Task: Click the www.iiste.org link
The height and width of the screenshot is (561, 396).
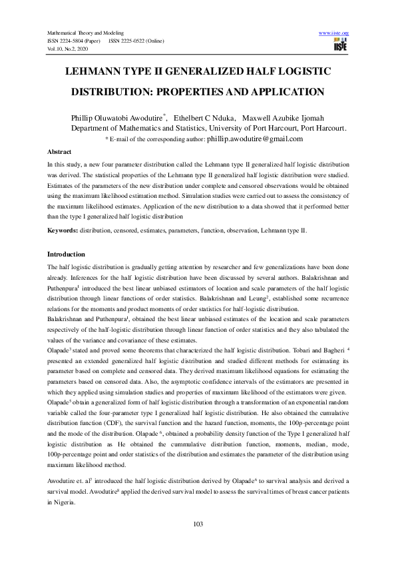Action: (x=334, y=33)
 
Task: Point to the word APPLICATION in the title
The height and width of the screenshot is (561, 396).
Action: (x=270, y=92)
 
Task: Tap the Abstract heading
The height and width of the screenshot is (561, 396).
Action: (x=59, y=153)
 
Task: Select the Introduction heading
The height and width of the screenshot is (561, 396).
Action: (x=66, y=255)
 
